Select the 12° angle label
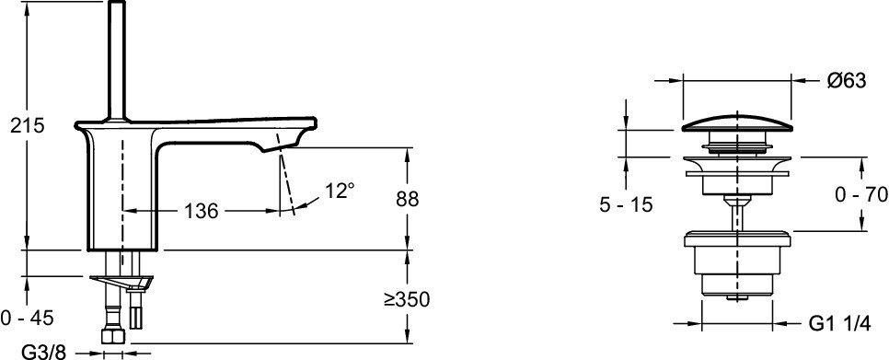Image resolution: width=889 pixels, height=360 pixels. pos(339,192)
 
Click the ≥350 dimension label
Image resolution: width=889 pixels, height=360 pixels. pos(406,299)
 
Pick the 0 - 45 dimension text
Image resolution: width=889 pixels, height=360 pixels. pos(28,318)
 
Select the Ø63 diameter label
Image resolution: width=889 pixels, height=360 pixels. pos(846,81)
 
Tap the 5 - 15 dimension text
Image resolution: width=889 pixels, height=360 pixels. pos(626,205)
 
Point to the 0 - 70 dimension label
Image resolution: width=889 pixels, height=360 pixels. pos(860,195)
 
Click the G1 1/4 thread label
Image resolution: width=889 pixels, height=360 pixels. pos(838,323)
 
